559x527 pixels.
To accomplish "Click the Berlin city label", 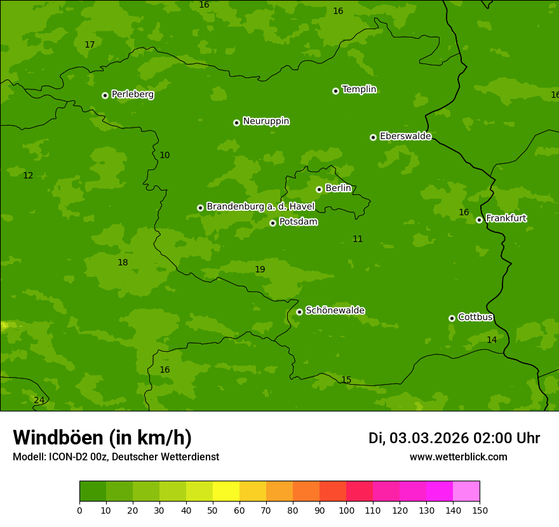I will pos(338,188).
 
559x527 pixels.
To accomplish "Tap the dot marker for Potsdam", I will pos(273,223).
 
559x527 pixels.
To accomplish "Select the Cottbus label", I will pos(475,317).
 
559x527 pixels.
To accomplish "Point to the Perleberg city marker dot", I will pos(105,95).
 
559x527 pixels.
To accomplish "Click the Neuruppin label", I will pos(266,121).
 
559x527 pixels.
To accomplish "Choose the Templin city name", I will pos(359,90).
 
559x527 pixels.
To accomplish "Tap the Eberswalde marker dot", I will pos(373,137).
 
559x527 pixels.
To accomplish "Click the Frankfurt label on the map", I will pos(506,218).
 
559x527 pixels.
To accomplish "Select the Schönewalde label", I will pos(335,310).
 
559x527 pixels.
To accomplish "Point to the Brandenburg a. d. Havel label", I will pos(260,207).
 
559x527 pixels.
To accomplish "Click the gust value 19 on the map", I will pos(260,269).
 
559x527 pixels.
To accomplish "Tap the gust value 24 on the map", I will pos(39,400).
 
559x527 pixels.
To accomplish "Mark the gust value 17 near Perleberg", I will pos(90,44).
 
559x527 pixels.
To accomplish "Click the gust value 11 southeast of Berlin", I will pos(358,239).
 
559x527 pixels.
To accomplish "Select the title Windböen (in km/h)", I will pos(102,437).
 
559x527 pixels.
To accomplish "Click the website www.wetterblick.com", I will pos(458,457).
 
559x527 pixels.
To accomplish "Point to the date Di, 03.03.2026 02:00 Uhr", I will pos(454,438).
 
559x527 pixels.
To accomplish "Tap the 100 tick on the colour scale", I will pos(346,509).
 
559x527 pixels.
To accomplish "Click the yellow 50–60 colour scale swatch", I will pos(226,491).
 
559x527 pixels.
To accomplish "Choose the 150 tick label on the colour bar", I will pos(480,509).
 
